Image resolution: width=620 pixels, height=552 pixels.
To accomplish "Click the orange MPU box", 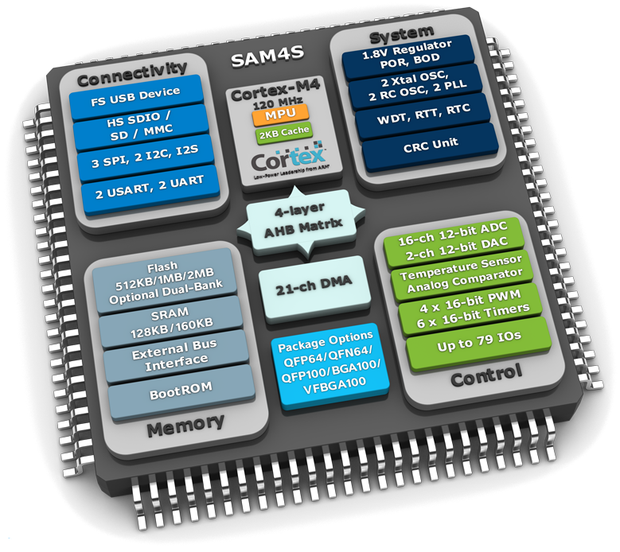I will (276, 117).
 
